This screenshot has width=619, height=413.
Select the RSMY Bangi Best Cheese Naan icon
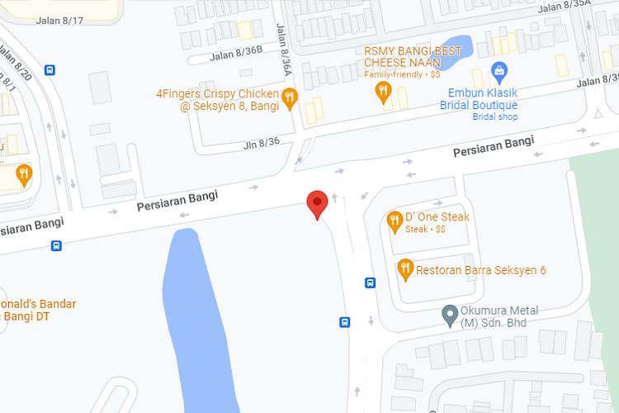point(383,91)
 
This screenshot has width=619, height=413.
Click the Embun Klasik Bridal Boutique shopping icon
point(499,73)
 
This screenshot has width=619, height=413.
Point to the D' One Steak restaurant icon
point(395,221)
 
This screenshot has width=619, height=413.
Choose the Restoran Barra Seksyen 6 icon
point(404,268)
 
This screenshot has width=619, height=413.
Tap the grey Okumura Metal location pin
point(450,315)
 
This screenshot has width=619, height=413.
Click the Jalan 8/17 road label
point(60,21)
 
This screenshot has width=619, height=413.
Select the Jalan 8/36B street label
point(235,55)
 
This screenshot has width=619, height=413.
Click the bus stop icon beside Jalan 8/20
point(50,70)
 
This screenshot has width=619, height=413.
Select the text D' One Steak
point(437,217)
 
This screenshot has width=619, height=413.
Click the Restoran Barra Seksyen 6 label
point(480,270)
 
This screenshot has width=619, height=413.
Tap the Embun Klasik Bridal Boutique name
point(483,99)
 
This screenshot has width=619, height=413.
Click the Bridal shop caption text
point(495,117)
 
